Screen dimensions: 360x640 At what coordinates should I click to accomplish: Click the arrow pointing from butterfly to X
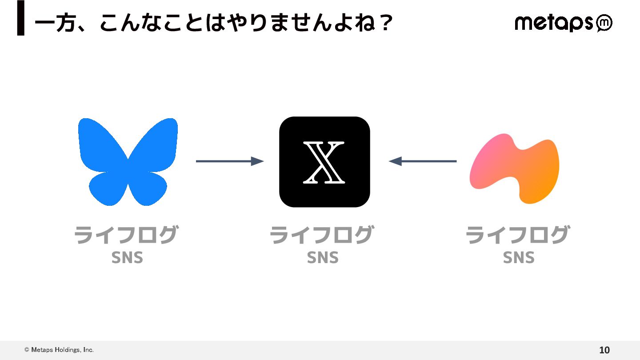point(230,161)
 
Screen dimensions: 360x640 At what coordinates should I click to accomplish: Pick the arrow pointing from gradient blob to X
point(423,161)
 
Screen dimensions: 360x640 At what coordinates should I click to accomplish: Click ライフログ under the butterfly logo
point(126,235)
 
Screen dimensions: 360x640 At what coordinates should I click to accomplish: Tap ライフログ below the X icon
point(322,235)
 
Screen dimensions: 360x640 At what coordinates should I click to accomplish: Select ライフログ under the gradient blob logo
point(518,235)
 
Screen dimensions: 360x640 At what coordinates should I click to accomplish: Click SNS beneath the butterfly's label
point(127,258)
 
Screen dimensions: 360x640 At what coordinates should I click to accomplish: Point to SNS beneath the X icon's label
point(323,258)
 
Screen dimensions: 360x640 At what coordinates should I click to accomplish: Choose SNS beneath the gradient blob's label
point(519,258)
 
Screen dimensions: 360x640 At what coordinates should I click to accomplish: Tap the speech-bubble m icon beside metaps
point(604,24)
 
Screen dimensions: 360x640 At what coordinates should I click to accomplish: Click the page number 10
point(604,350)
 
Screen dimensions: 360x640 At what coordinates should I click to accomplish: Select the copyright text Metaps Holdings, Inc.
point(62,350)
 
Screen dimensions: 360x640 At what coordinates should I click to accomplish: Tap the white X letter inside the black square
point(324,162)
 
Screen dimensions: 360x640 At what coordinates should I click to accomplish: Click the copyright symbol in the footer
point(27,350)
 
